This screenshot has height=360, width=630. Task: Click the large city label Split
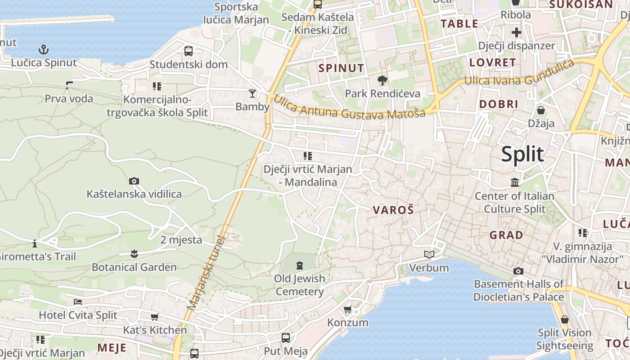522,154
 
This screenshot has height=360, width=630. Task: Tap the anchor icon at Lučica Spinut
44,49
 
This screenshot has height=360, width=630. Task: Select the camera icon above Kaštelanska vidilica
134,181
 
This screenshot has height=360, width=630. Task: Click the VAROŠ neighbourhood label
393,210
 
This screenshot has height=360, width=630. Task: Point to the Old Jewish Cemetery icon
300,265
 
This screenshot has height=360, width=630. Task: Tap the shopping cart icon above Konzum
347,309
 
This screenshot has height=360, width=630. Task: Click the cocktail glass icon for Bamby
252,93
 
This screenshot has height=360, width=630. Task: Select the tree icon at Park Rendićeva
382,81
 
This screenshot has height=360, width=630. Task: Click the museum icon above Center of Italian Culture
515,182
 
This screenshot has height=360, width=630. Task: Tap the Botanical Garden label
134,267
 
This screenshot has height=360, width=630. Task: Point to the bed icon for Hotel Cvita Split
78,301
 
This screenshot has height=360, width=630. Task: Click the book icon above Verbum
429,255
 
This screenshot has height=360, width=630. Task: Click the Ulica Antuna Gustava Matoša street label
349,107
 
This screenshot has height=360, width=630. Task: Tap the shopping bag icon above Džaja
541,110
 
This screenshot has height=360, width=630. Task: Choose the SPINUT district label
341,68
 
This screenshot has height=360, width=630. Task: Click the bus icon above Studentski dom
189,51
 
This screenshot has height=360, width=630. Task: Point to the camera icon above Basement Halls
518,271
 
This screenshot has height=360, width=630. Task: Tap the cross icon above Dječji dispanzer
516,32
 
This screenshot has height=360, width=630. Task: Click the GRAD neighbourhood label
506,235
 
